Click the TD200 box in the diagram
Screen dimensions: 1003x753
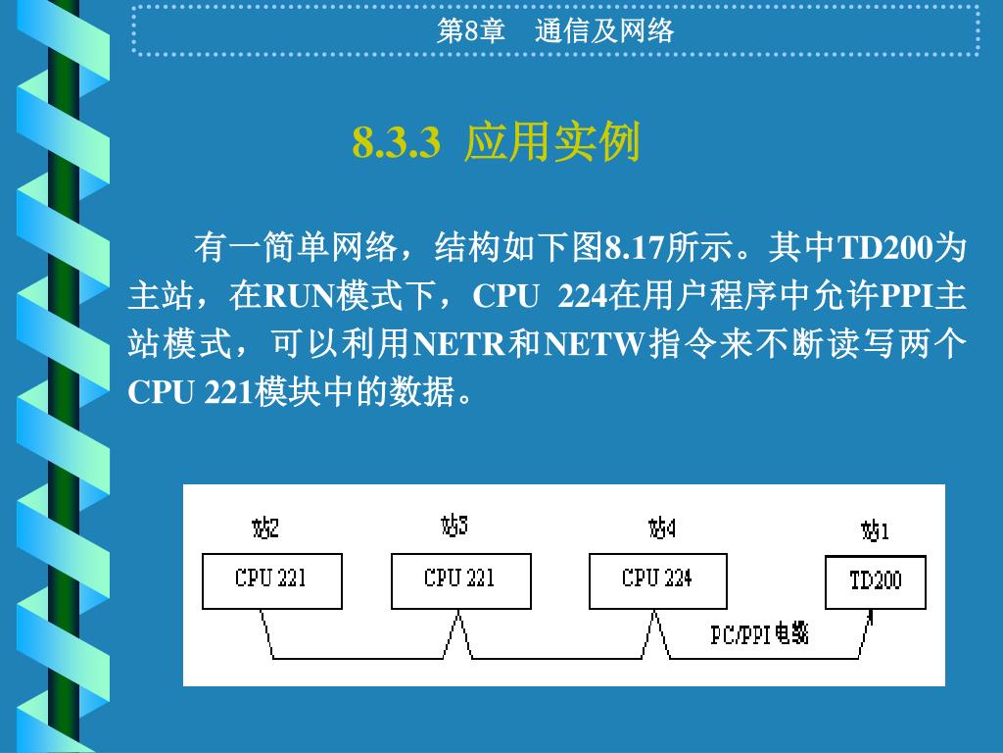coord(875,581)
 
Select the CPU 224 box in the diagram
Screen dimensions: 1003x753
coord(657,580)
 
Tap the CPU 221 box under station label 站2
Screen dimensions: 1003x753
coord(271,580)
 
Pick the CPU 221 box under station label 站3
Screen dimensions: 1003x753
coord(460,580)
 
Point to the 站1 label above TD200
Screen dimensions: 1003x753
coord(875,531)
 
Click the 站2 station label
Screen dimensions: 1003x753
coord(265,529)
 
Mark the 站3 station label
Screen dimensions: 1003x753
coord(454,527)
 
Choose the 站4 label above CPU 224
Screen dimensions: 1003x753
coord(662,529)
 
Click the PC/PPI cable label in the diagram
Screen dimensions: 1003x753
coord(759,635)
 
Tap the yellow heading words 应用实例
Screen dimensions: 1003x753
coord(552,143)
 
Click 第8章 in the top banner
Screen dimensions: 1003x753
coord(470,31)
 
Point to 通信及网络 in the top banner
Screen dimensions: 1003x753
coord(604,31)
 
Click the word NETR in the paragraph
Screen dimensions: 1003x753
coord(459,345)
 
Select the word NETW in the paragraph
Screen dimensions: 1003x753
coord(595,345)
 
